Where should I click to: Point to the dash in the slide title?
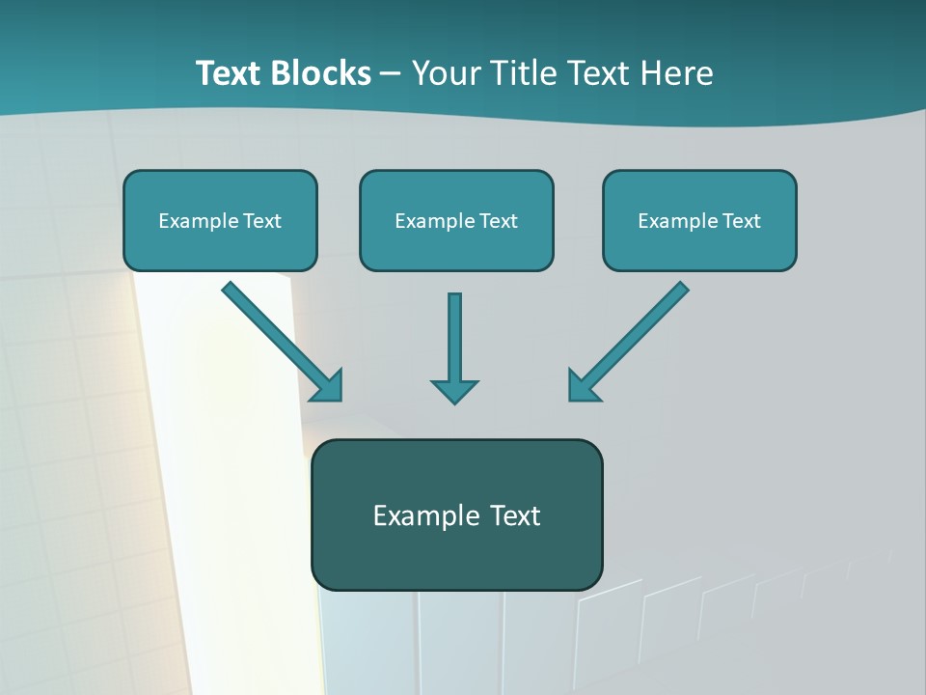tap(391, 74)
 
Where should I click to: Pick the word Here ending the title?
tap(679, 73)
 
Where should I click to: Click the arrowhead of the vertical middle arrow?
tap(454, 390)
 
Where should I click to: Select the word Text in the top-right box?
tap(741, 221)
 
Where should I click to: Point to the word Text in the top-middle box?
tap(498, 221)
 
